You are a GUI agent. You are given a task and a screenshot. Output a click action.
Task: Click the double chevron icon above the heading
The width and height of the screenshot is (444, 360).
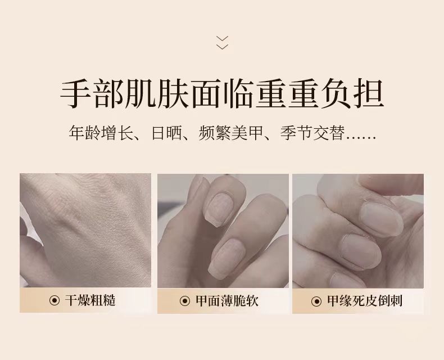(222, 43)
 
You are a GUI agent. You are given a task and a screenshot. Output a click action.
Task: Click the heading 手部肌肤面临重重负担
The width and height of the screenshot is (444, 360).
(222, 94)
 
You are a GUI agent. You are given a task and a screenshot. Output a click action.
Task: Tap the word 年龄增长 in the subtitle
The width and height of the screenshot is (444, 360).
(101, 132)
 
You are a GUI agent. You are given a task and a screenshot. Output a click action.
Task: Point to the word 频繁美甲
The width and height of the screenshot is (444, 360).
(231, 132)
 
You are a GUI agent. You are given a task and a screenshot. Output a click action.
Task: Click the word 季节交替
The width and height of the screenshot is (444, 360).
(312, 132)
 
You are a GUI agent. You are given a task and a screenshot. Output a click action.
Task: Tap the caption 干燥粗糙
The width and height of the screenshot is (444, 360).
(90, 300)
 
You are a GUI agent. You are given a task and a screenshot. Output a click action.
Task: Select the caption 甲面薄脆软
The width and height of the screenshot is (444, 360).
(227, 301)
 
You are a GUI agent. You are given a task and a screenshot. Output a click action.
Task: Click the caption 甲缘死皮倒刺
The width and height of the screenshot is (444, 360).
(365, 301)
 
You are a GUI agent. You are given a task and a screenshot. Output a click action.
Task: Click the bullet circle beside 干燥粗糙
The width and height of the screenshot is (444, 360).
(55, 300)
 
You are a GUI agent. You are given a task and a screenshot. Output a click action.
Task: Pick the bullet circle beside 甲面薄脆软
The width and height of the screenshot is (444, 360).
(185, 301)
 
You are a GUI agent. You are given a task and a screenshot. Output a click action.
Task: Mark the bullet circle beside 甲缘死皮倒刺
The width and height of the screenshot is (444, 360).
(316, 301)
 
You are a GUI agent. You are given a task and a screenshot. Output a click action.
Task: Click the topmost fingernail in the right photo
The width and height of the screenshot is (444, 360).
(382, 219)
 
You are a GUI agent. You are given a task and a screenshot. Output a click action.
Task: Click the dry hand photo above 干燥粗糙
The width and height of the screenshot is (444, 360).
(85, 231)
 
